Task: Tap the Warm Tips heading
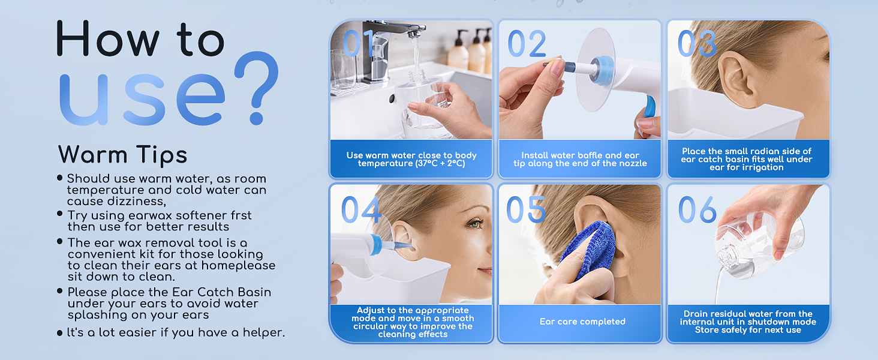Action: click(x=123, y=154)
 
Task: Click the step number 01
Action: click(x=357, y=43)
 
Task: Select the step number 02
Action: click(x=527, y=43)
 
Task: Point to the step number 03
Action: click(x=697, y=43)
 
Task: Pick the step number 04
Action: click(x=361, y=209)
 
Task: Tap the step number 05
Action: click(x=526, y=209)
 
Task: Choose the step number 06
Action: click(x=697, y=209)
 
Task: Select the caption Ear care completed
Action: click(x=582, y=322)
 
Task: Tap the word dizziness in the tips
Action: click(x=136, y=201)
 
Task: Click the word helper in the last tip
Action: click(x=263, y=332)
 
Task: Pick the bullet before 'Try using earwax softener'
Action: click(x=59, y=214)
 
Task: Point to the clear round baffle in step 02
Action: click(x=596, y=70)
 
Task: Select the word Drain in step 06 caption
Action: click(x=695, y=314)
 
